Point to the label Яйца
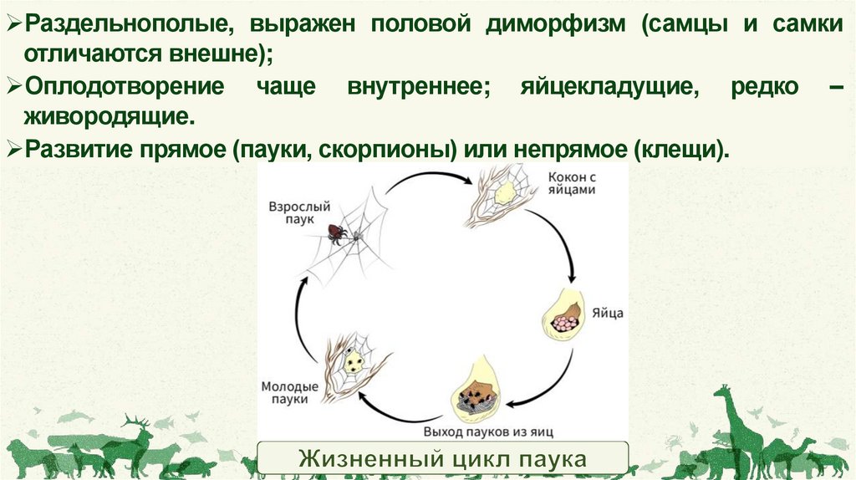607,315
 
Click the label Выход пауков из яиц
489,431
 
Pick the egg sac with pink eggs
566,316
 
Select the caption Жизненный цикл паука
442,460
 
